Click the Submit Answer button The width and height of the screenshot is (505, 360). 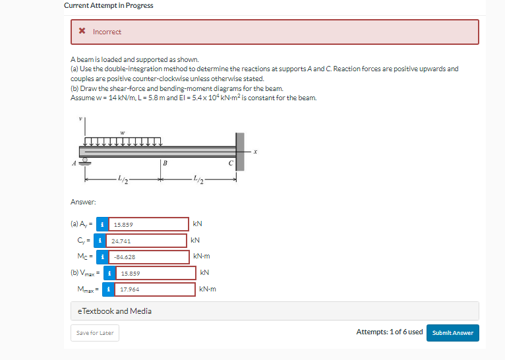click(453, 332)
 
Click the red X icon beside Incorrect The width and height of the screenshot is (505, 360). click(81, 32)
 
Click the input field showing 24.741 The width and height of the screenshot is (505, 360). click(146, 241)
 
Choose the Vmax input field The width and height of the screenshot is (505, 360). click(156, 272)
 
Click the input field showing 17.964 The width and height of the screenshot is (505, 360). click(156, 289)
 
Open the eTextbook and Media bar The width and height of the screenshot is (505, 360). click(274, 311)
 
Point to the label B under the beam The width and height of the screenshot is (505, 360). click(165, 164)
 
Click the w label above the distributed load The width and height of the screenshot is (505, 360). click(123, 132)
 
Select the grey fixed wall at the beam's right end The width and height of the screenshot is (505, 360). click(240, 151)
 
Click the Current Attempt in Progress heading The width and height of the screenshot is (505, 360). click(109, 5)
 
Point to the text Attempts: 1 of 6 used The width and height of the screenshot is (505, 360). click(389, 332)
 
